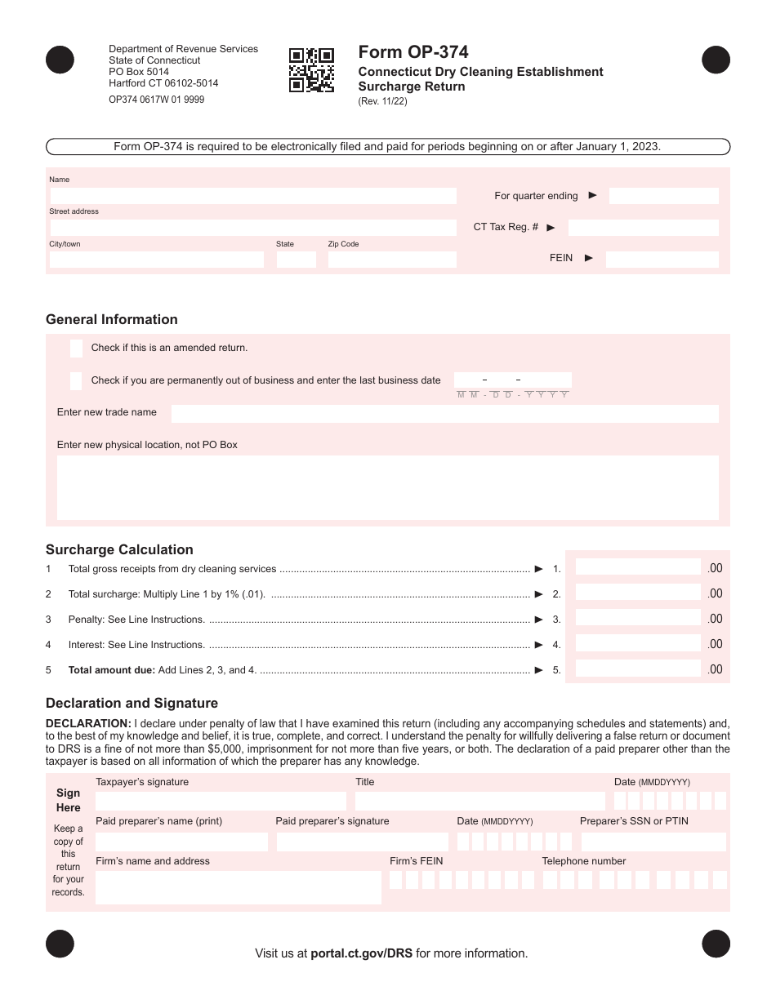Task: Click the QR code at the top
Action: (x=311, y=70)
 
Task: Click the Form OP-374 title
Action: (x=413, y=52)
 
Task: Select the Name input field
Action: (x=253, y=196)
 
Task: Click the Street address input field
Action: (x=253, y=228)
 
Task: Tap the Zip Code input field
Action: (x=392, y=260)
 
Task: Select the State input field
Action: (x=296, y=260)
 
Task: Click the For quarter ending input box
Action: (x=663, y=196)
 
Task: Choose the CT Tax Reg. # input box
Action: (x=643, y=228)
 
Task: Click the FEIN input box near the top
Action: (x=662, y=260)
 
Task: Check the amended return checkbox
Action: (x=76, y=349)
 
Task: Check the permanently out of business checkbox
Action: (x=76, y=380)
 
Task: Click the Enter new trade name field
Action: (x=444, y=413)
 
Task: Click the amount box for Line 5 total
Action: (x=638, y=669)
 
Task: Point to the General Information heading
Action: (x=112, y=320)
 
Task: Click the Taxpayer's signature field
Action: (x=221, y=801)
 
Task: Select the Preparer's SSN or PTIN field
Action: (x=653, y=842)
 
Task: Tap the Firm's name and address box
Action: (x=238, y=887)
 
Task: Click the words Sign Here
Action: (x=69, y=800)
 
